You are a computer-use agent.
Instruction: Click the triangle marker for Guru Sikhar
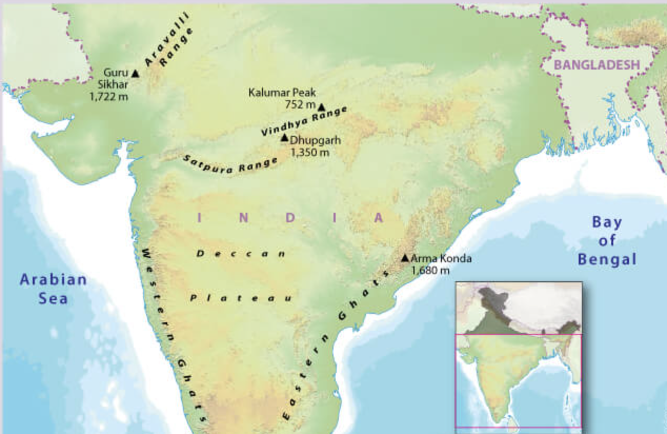click(135, 74)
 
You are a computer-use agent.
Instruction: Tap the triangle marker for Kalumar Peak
click(321, 107)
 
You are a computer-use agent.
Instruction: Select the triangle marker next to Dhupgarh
click(285, 138)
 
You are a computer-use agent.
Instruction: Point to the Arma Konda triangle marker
click(405, 258)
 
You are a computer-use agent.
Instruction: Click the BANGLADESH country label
click(597, 65)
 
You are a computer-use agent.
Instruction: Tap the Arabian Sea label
click(53, 288)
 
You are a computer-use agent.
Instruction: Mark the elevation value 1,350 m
click(310, 152)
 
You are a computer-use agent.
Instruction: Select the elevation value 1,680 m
click(430, 270)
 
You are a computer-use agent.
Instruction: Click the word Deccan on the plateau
click(241, 254)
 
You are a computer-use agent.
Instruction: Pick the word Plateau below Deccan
click(240, 299)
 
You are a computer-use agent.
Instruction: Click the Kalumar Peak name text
click(282, 93)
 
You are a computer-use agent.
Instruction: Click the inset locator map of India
click(518, 356)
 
